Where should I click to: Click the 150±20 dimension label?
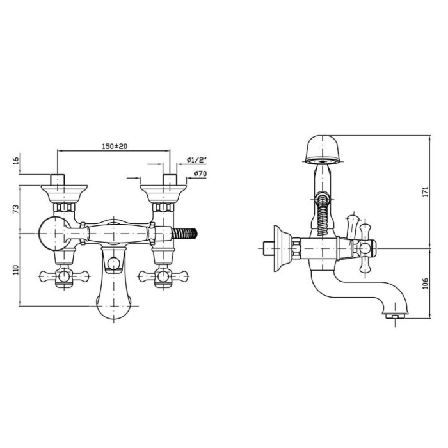point(115,147)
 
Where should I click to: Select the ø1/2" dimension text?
point(196,160)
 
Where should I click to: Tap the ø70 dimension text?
point(200,173)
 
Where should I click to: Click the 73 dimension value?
point(16,209)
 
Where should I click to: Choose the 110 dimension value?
point(16,269)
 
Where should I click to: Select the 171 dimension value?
point(426,192)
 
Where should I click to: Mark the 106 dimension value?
point(426,283)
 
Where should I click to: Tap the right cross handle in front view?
point(163,276)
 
